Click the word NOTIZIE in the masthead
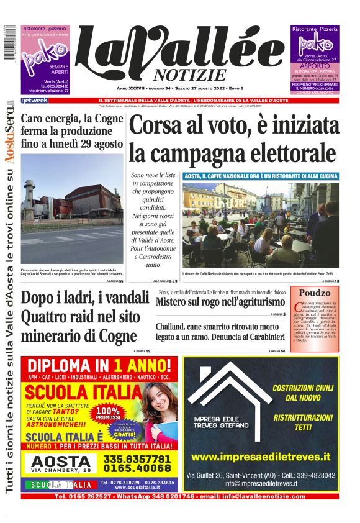click(186, 75)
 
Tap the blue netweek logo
click(35, 100)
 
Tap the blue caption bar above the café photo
click(261, 176)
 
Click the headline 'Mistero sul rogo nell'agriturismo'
click(220, 302)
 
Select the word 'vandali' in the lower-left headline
click(124, 297)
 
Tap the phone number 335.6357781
click(138, 458)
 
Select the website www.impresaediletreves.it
click(261, 457)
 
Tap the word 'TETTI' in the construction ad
click(304, 428)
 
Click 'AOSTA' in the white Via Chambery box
click(61, 461)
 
